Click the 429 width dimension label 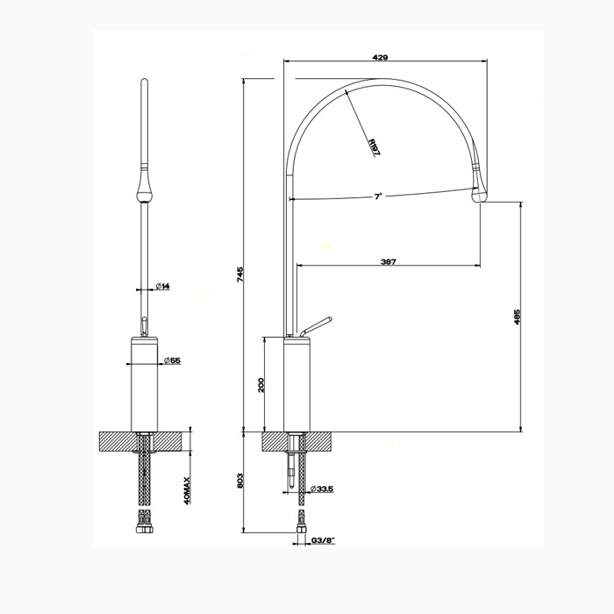click(380, 58)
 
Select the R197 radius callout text click(375, 147)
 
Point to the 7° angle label click(377, 196)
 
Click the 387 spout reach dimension click(389, 261)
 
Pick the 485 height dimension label click(517, 317)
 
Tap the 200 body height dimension click(261, 385)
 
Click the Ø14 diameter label click(162, 286)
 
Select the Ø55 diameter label click(172, 361)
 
